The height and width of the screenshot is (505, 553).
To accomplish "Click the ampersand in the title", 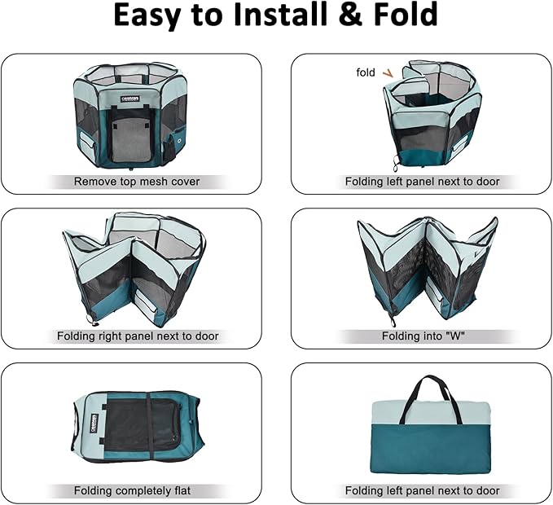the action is [x=350, y=14].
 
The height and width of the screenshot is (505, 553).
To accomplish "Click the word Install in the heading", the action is [x=281, y=14].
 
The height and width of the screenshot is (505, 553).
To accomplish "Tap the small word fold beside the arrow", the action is [x=366, y=72].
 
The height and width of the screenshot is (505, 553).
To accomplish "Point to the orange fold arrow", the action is [x=388, y=73].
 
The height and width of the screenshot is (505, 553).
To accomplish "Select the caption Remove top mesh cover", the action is [x=137, y=182].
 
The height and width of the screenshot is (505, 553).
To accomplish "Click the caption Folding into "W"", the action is [x=424, y=336].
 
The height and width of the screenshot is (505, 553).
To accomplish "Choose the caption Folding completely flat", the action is [x=132, y=490].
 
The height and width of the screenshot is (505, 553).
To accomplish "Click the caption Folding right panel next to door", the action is [x=138, y=336].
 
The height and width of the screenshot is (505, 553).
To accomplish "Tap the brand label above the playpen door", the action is [x=130, y=99].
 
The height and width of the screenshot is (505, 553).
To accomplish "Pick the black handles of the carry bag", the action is [x=435, y=397].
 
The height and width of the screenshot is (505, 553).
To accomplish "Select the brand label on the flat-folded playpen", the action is [x=94, y=424].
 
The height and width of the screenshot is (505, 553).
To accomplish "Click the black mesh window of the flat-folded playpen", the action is [x=142, y=426].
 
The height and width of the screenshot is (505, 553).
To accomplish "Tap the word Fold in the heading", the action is [x=406, y=14].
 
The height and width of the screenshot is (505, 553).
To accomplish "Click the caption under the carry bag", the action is [x=422, y=490].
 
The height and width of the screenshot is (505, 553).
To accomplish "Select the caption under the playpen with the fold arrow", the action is [x=422, y=182].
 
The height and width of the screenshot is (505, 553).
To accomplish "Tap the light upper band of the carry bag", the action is [x=431, y=413].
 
